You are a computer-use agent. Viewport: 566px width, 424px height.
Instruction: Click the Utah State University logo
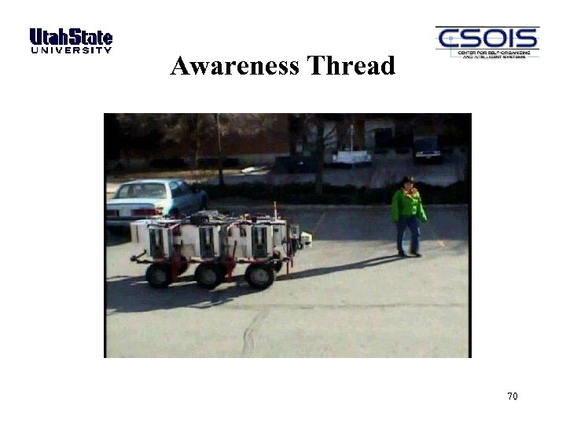(x=71, y=40)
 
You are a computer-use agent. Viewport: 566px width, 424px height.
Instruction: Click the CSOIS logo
(x=487, y=42)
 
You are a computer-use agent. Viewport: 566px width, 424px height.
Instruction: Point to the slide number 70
(x=513, y=396)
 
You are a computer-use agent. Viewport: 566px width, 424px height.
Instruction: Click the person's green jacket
(x=408, y=205)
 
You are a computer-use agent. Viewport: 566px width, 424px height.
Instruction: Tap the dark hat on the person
(x=408, y=180)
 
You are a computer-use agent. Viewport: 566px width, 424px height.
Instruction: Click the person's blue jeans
(x=408, y=234)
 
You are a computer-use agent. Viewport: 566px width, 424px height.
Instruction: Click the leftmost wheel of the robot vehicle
(x=160, y=275)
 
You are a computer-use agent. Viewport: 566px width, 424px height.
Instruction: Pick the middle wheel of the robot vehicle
(x=209, y=275)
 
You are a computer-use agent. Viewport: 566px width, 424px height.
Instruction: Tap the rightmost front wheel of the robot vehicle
(x=259, y=275)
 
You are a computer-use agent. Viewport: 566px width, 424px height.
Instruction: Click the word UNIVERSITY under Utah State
(x=71, y=50)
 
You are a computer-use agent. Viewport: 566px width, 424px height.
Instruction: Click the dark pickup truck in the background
(x=428, y=149)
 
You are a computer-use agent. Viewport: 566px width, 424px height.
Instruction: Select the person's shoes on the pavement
(x=409, y=253)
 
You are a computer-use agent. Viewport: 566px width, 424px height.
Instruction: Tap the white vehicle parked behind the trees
(x=351, y=155)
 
